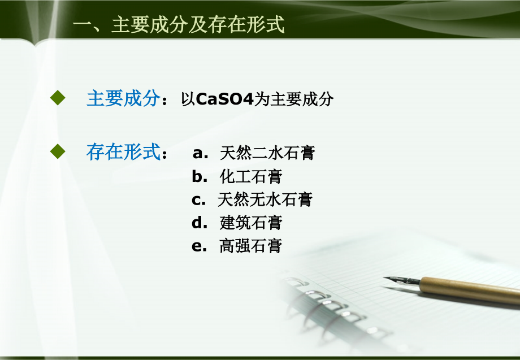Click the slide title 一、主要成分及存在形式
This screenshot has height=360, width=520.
pos(179,25)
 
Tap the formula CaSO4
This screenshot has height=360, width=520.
pos(225,99)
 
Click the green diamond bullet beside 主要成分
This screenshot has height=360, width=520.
pos(58,98)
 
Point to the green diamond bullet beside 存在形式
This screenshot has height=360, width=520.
pos(58,151)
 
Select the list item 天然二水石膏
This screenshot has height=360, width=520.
pos(267,153)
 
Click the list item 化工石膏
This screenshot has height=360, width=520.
pos(251,177)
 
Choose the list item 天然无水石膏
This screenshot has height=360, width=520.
pos(265,199)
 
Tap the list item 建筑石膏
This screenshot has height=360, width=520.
pos(251,223)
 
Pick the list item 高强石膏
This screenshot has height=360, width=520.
pos(251,246)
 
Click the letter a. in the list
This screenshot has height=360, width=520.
pos(201,153)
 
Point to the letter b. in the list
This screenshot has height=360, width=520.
pos(200,177)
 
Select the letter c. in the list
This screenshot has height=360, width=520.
pos(198,199)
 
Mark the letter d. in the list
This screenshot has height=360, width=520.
pos(200,223)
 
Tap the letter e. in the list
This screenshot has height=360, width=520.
pos(200,246)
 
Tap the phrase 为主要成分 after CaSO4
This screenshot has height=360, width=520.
pos(294,99)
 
